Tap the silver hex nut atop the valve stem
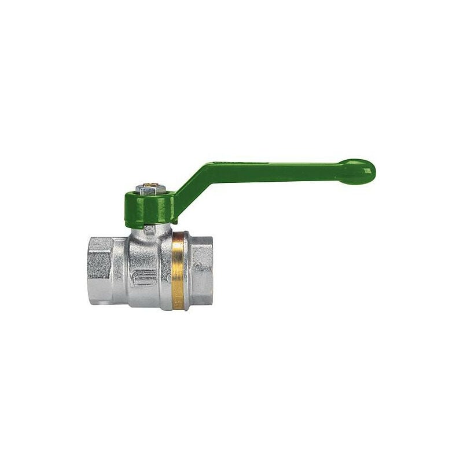click(148, 189)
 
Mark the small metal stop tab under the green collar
click(149, 229)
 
